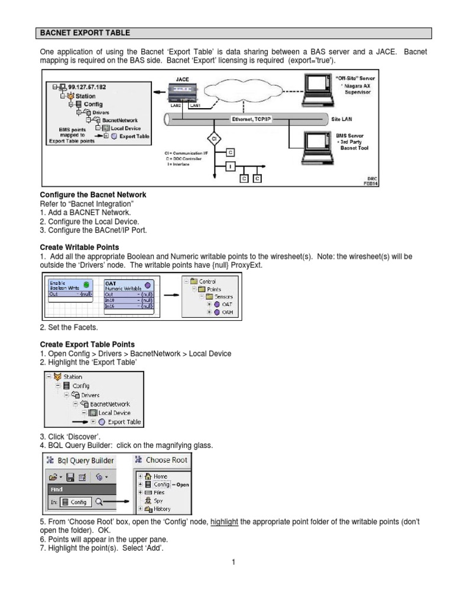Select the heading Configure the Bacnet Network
click(x=93, y=195)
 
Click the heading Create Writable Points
click(x=79, y=246)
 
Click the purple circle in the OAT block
click(x=147, y=285)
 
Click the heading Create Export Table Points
click(x=87, y=344)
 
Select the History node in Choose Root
click(x=161, y=509)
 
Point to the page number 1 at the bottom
click(x=234, y=562)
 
